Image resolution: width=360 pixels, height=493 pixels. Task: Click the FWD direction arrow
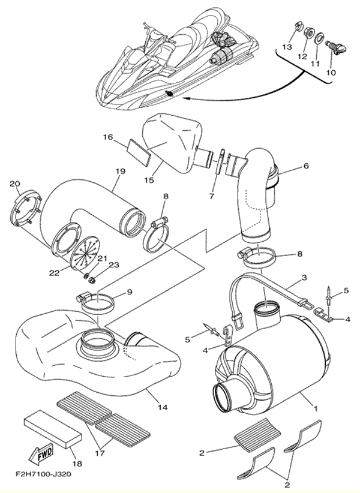tap(41, 455)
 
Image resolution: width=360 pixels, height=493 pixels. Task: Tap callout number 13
tap(287, 47)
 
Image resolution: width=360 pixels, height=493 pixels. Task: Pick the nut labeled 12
tap(307, 32)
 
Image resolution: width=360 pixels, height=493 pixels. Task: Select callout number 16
tap(108, 137)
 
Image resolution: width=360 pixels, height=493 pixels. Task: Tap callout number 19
tap(121, 172)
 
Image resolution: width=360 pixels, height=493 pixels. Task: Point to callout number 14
tap(163, 407)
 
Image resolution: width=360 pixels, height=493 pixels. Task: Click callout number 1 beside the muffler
tap(316, 409)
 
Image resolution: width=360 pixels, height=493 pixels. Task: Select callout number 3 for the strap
tap(304, 278)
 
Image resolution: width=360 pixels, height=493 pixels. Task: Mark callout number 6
tap(306, 166)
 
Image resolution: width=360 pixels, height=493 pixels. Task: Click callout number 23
tap(114, 265)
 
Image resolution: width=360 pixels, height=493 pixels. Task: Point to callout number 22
tap(54, 273)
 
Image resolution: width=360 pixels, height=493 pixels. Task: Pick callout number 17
tap(100, 453)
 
